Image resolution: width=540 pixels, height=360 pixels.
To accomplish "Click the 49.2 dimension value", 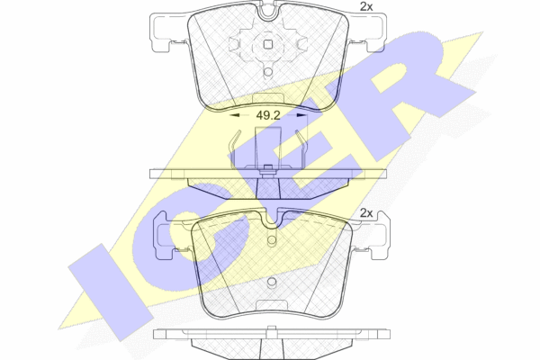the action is tap(268, 116).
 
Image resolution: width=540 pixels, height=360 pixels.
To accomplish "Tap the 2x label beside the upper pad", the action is tap(366, 6).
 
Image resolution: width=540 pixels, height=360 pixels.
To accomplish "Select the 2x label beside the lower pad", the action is tap(366, 213).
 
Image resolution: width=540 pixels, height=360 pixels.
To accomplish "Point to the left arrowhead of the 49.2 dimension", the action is tap(235, 116).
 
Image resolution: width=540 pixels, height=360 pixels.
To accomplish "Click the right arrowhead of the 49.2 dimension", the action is tap(301, 116).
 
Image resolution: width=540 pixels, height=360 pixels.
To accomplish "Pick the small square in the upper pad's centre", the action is tap(268, 44).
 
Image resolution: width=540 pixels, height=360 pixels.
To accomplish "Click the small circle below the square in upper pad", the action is tap(268, 72).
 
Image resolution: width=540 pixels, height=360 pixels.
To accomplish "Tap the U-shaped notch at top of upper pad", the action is tap(268, 12).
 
